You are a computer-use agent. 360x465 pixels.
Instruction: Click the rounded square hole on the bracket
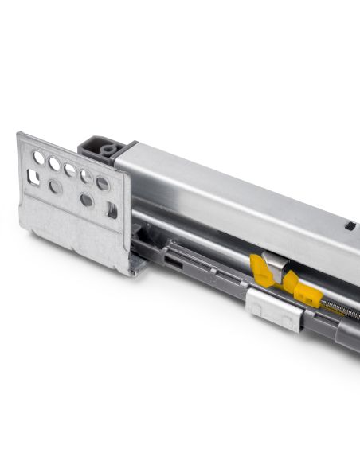pyautogui.click(x=34, y=178)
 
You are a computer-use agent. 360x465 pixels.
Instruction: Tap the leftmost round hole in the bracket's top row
pyautogui.click(x=38, y=158)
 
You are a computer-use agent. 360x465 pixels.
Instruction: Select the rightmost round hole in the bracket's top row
pyautogui.click(x=102, y=184)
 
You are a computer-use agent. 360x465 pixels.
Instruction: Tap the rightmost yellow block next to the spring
pyautogui.click(x=307, y=294)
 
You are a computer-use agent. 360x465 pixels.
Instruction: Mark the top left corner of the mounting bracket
pyautogui.click(x=20, y=134)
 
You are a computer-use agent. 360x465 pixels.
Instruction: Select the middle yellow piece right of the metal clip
pyautogui.click(x=290, y=280)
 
